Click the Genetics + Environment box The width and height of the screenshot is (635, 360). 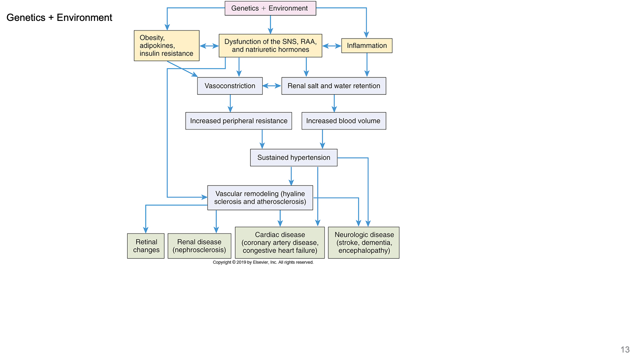pos(270,8)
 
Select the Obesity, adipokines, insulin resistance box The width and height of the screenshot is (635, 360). pos(167,46)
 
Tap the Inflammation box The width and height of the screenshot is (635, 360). pos(367,46)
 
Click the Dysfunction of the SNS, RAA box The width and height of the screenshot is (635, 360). pos(270,46)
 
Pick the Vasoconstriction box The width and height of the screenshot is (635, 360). pos(230,86)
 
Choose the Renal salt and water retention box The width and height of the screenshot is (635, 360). pos(333,86)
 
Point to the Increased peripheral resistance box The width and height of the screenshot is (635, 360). pos(238,121)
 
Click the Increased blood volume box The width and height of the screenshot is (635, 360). pos(343,121)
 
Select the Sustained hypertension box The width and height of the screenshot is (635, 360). pos(293,158)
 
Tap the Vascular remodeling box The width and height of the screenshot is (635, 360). pos(260,198)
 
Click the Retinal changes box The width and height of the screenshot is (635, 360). pos(146,246)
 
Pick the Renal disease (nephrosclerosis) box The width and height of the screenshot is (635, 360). pos(199,246)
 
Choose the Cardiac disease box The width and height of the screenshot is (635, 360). pos(280,243)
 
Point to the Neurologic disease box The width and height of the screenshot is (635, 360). pos(364,243)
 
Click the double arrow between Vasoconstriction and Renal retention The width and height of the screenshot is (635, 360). pos(272,86)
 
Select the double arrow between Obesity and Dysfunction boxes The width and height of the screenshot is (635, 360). pos(209,46)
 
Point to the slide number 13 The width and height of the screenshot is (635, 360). pos(625,350)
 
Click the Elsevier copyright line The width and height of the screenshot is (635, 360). pos(263,262)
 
